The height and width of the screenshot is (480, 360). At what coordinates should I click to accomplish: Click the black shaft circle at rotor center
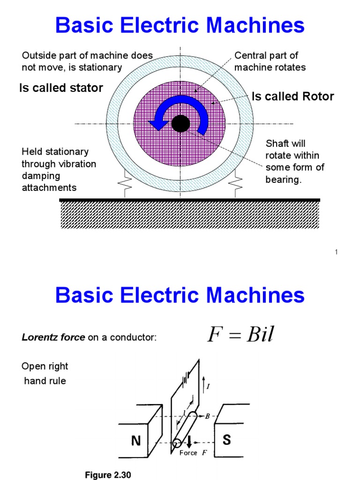click(180, 124)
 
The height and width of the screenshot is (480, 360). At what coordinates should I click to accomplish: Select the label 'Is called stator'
click(61, 88)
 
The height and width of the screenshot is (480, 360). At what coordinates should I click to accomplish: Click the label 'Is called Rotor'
click(292, 97)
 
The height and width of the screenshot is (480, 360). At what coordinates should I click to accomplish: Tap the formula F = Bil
click(240, 335)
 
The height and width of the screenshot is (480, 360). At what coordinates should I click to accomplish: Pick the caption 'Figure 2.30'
click(108, 475)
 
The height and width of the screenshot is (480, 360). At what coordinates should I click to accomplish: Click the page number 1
click(337, 253)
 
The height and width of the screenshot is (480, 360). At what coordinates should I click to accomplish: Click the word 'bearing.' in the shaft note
click(283, 180)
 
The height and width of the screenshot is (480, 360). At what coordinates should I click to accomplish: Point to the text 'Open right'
click(45, 366)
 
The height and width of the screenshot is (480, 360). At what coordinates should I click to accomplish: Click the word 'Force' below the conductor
click(188, 453)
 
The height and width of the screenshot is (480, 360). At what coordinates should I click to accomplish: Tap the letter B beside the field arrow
click(208, 416)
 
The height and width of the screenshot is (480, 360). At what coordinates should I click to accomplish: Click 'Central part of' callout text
click(266, 56)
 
